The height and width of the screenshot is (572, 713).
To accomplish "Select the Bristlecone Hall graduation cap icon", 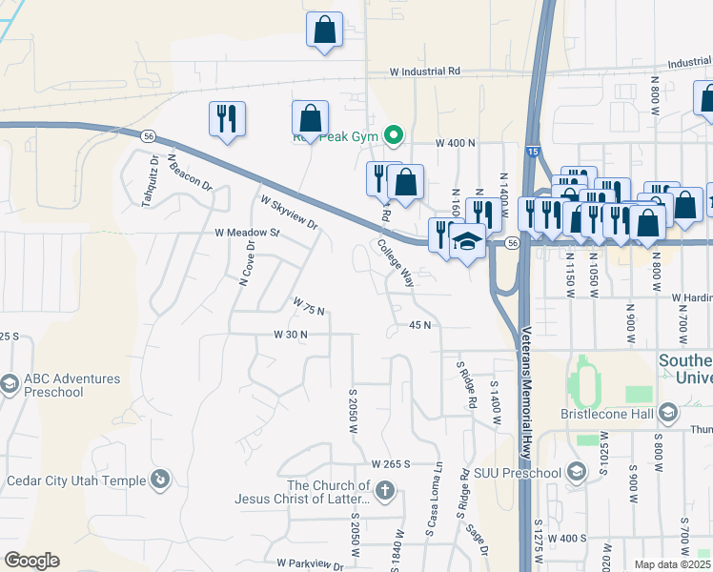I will (668, 412).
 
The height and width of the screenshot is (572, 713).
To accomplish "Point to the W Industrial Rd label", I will (425, 71).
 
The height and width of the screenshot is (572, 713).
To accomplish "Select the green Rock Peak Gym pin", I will (392, 134).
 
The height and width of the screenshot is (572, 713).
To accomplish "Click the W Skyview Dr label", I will (288, 213).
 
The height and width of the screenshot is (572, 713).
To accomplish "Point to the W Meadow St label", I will (248, 233).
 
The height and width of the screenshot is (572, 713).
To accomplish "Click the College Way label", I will (395, 262).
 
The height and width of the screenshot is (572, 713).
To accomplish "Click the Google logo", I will (32, 561).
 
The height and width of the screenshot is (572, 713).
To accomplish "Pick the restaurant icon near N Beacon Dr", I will (227, 118).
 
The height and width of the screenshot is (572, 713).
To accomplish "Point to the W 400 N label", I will (455, 143).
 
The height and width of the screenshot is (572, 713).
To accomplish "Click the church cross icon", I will (385, 492).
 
